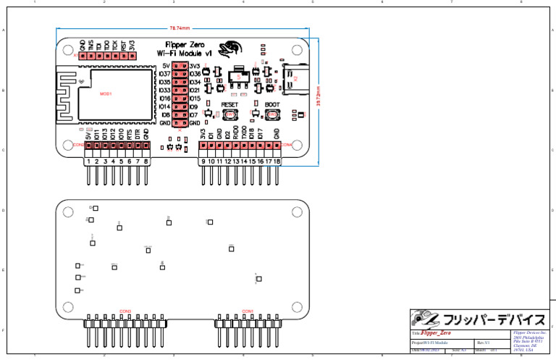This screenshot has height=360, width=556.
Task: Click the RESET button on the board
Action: pyautogui.click(x=230, y=114)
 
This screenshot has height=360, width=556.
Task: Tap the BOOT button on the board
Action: pyautogui.click(x=272, y=114)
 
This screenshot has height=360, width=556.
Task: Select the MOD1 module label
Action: pyautogui.click(x=106, y=94)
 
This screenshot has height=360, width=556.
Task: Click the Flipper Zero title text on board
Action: pyautogui.click(x=185, y=45)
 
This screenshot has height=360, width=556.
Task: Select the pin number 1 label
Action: pyautogui.click(x=88, y=162)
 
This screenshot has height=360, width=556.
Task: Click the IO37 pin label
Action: pyautogui.click(x=164, y=74)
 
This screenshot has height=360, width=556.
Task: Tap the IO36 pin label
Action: pyautogui.click(x=195, y=74)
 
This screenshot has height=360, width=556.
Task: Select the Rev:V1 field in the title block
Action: pyautogui.click(x=484, y=342)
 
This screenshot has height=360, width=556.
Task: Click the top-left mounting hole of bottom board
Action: pyautogui.click(x=67, y=212)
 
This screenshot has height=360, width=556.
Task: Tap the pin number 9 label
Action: pyautogui.click(x=203, y=162)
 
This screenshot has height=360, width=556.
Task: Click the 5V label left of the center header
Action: pyautogui.click(x=167, y=66)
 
